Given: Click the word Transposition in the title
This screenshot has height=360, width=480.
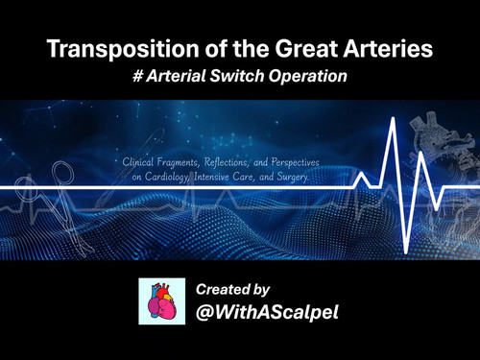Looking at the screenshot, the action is (123, 49).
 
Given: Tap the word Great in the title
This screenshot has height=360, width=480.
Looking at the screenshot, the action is (306, 49).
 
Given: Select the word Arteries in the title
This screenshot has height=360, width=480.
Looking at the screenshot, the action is (388, 49).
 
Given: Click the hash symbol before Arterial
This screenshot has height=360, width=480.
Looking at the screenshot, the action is (137, 76).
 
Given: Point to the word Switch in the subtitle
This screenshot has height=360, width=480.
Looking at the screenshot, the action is (237, 76).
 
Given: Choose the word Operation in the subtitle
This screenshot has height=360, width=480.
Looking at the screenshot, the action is (307, 77).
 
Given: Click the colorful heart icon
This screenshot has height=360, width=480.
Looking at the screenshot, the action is (161, 301).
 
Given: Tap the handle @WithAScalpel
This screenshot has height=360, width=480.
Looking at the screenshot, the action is (267, 312).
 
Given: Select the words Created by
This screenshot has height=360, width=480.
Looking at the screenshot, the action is (232, 290).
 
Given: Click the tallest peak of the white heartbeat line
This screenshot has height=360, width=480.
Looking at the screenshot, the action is (393, 119).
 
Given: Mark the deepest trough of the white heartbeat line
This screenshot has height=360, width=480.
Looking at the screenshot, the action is (406, 252).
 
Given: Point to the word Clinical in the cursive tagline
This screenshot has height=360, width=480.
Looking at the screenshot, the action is (138, 162).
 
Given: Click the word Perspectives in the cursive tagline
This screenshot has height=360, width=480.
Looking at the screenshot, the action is (295, 162).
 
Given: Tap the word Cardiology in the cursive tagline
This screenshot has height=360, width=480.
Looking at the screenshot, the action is (166, 177).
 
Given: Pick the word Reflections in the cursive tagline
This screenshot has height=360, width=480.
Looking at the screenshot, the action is (226, 162).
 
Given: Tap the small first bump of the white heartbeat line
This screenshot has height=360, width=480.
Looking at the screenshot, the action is (361, 174).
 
